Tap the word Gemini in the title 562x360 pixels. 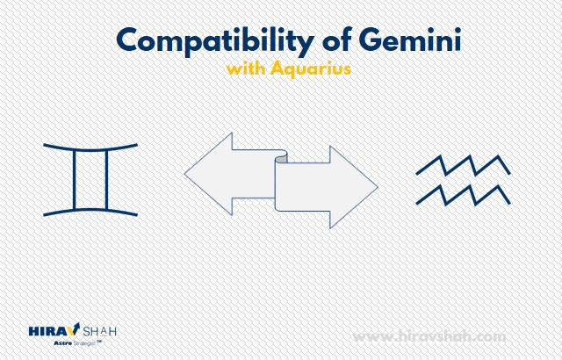pos(410,40)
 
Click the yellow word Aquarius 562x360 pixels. pos(310,68)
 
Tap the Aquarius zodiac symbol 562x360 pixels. pos(463,180)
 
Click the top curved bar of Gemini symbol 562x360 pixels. pos(90,148)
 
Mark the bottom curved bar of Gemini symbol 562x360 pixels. pos(90,211)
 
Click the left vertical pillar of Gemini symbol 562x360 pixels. pos(75,180)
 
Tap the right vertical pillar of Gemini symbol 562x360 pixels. pos(106,180)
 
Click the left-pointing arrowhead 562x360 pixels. pos(208,174)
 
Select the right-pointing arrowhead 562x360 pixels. pos(353,187)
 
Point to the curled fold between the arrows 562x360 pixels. pos(281,158)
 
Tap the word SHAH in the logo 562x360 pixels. pos(99,331)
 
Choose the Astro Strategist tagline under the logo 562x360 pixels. pos(76,342)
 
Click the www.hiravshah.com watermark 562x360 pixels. pos(429,336)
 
